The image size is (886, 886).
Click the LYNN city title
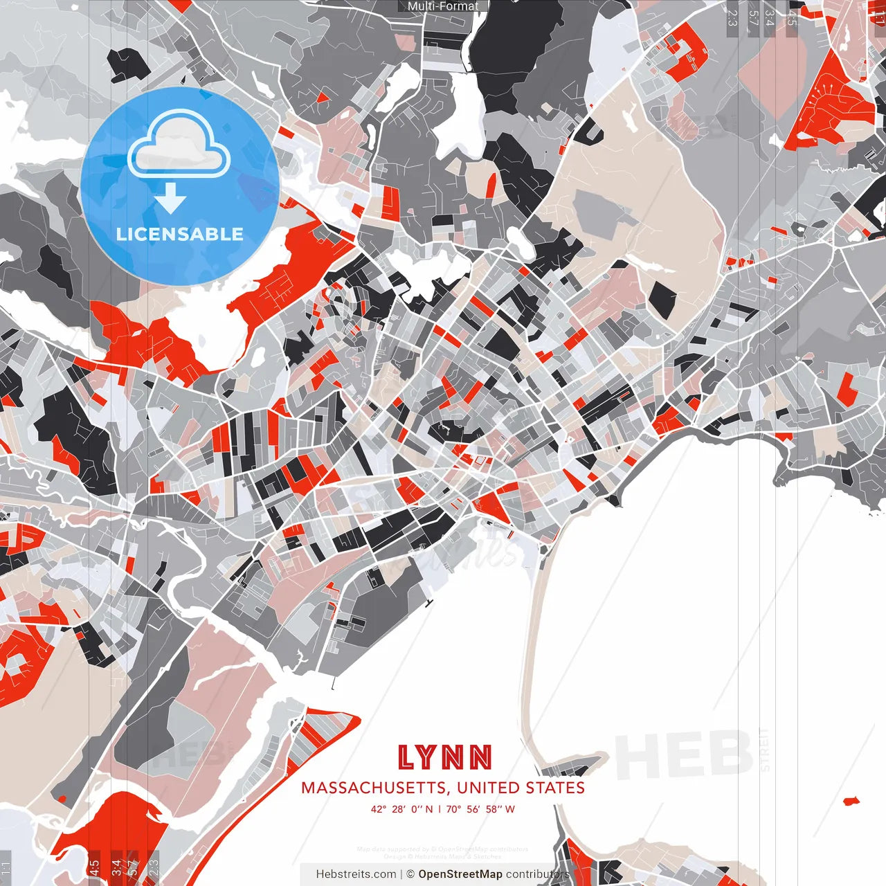point(444,758)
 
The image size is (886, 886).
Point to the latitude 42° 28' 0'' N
point(401,808)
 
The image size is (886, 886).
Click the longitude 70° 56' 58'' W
point(480,808)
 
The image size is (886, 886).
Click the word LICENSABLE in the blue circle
point(180,234)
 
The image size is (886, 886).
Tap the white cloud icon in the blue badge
point(179,145)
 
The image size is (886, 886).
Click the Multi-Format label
point(443,6)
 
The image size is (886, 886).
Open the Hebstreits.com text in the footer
point(356,874)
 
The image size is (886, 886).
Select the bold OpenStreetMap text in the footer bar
point(460,874)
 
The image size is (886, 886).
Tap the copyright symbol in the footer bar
point(410,874)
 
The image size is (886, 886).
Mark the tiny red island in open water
point(851,801)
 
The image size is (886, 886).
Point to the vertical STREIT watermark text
point(764,749)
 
